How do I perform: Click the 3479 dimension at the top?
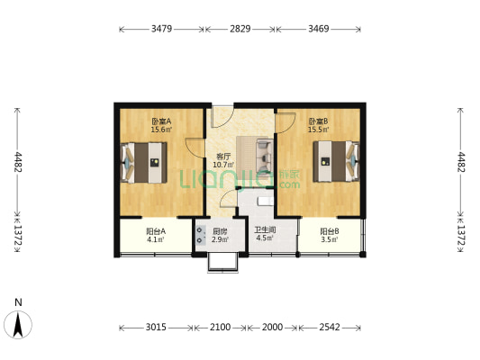161,29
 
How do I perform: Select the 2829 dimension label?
240,29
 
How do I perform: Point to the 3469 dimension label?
319,29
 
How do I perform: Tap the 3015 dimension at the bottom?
156,328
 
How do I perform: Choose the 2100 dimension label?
220,328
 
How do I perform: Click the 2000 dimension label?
272,328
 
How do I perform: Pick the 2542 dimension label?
330,328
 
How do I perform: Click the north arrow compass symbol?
18,324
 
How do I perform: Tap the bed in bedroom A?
144,162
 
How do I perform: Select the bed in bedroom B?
336,161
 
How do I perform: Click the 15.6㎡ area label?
161,130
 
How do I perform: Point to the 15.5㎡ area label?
319,130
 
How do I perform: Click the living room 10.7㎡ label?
223,166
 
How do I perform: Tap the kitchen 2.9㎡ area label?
220,239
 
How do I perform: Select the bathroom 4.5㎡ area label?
265,238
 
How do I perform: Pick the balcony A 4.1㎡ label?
156,239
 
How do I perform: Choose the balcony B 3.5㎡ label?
330,239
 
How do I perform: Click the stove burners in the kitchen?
201,235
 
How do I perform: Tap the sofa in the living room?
265,156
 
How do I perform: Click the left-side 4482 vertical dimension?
18,162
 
